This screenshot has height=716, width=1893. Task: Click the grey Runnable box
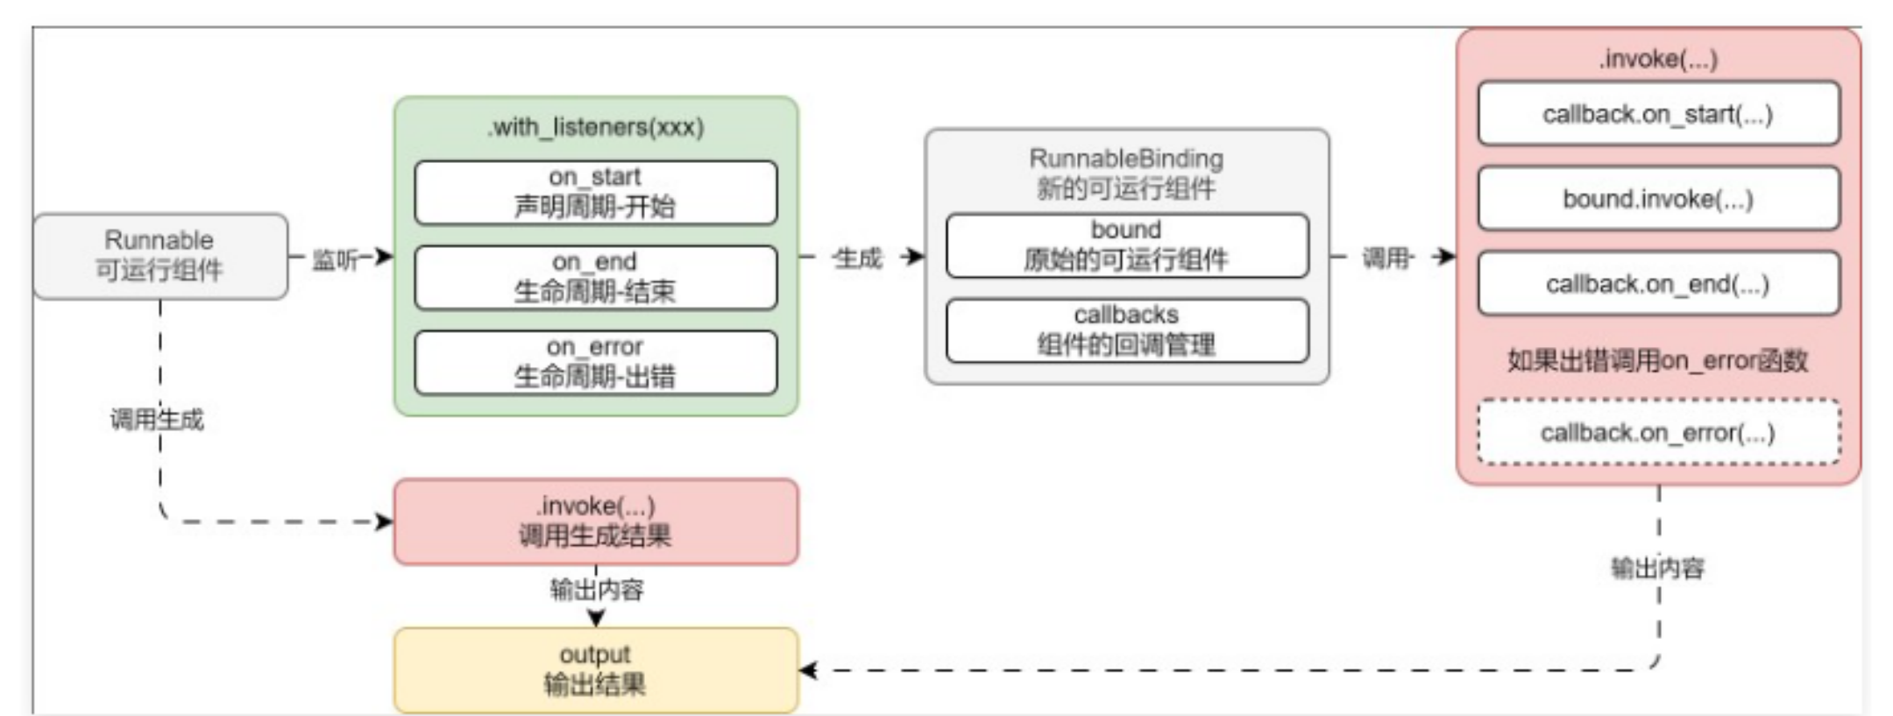click(160, 255)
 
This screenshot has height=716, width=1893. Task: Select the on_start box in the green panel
click(595, 192)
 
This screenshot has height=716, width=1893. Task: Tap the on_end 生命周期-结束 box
click(595, 277)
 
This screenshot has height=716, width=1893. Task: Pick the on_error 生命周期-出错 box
click(595, 362)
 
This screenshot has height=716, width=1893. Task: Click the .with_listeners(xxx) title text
click(595, 128)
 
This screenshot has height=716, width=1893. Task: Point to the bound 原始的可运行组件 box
click(1126, 245)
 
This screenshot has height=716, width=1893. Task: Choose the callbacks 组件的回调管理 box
click(1126, 330)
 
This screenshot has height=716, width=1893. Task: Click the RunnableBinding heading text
click(1126, 160)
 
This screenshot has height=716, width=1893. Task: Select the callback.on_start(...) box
click(1657, 114)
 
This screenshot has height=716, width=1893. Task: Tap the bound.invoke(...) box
click(1657, 199)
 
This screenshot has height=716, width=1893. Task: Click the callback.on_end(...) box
click(1657, 284)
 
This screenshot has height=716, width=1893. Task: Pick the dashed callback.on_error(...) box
click(1657, 432)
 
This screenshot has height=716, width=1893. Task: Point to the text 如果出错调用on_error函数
click(1657, 360)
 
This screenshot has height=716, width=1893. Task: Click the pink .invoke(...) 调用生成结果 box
click(595, 521)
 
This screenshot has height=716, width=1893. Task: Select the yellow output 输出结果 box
click(595, 670)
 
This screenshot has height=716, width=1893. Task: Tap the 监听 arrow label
click(336, 259)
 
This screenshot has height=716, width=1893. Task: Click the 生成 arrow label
click(857, 259)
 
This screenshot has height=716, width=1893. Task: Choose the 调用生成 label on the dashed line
click(157, 420)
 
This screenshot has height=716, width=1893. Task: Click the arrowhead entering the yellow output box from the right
click(808, 670)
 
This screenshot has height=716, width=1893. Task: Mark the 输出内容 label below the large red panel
click(1657, 569)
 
